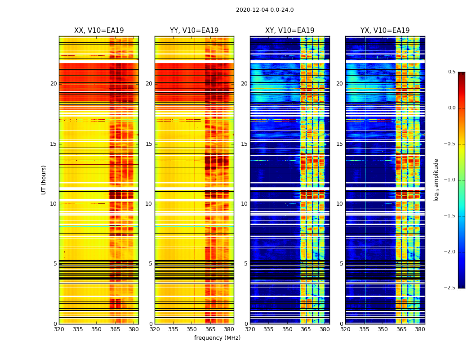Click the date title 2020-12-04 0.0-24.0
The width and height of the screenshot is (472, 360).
tap(265, 10)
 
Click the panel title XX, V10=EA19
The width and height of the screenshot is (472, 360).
tap(99, 31)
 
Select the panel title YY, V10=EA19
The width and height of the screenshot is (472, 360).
tap(194, 31)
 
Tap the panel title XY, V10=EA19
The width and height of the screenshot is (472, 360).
tap(289, 31)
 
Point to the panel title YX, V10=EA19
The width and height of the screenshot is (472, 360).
tap(385, 31)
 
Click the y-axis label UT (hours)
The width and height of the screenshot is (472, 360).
tap(44, 180)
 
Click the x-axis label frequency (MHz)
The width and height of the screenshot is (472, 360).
tap(217, 338)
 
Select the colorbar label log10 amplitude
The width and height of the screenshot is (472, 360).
tap(436, 180)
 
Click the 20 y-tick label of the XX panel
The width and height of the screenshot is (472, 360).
tap(53, 84)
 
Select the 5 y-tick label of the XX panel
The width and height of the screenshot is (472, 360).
tap(55, 264)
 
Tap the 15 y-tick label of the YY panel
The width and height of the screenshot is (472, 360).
tap(149, 144)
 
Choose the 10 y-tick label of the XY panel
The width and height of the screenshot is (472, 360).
tap(245, 204)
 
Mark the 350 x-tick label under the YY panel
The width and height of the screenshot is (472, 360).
tap(192, 329)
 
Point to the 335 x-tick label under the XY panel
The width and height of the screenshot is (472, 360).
tap(268, 329)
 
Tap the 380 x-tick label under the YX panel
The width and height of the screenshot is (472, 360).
tap(420, 329)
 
